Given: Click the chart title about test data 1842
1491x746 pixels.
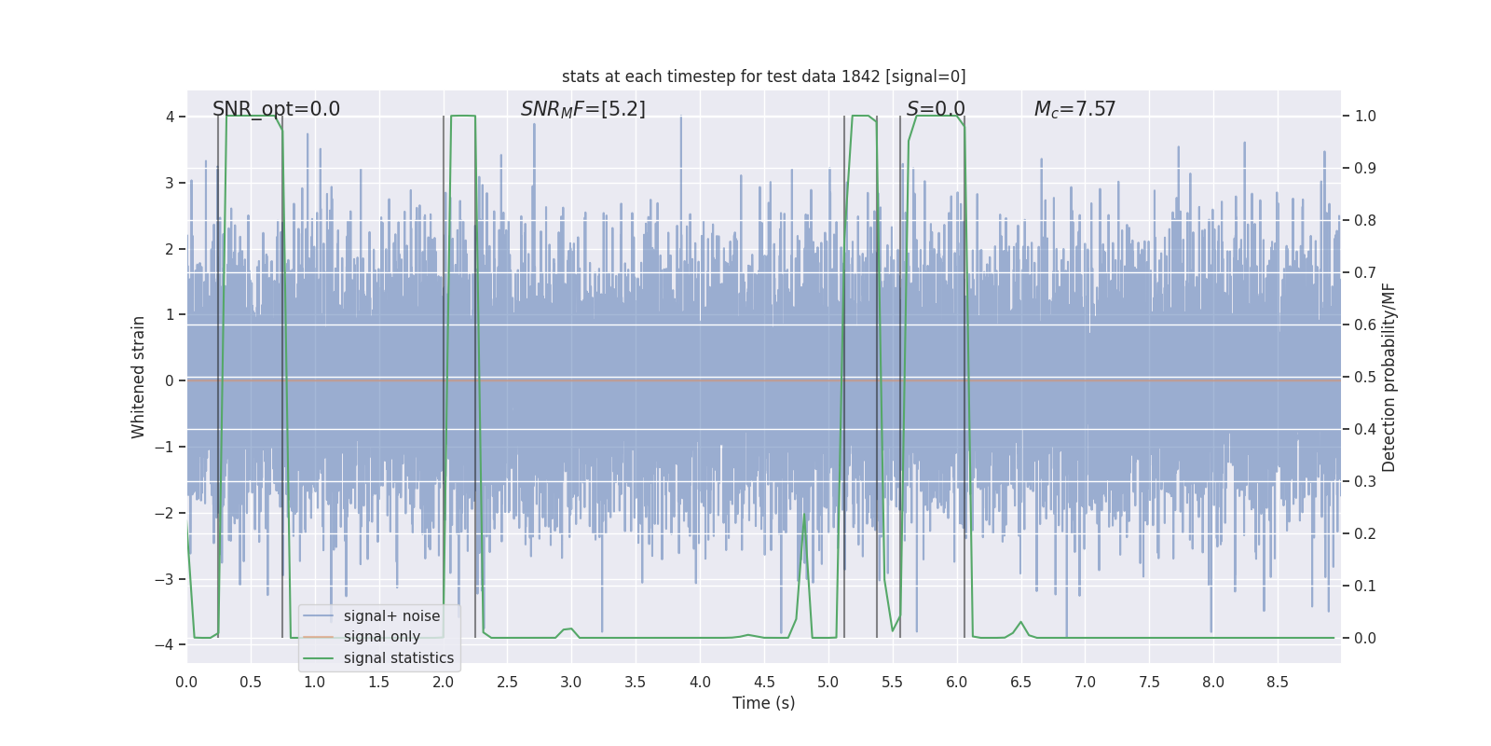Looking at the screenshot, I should (763, 76).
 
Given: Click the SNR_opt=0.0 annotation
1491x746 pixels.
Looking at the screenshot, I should (276, 109).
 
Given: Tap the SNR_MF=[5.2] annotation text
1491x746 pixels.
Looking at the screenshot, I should (582, 109).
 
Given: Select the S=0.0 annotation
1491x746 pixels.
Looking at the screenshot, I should (936, 109).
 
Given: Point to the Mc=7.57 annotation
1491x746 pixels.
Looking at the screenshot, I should (1074, 109).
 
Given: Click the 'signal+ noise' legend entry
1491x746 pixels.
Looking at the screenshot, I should (391, 616).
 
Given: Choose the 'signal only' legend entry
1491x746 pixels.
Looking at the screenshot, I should (381, 637).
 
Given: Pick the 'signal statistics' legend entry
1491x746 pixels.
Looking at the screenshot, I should (399, 658).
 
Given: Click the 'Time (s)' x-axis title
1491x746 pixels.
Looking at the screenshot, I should (763, 703).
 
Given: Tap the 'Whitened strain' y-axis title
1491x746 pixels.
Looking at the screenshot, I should (139, 377).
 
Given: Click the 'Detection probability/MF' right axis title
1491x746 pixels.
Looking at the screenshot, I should (1388, 377).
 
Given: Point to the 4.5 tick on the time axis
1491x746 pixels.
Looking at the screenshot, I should (764, 682).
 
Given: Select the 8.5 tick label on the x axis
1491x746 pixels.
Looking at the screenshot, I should (1278, 682).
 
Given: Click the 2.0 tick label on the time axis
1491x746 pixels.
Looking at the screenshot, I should (444, 682).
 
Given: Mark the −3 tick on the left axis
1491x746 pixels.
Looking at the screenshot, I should (169, 579).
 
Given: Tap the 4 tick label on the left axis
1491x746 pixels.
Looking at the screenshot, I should (171, 117).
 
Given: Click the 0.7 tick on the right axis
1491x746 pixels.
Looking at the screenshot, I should (1365, 273).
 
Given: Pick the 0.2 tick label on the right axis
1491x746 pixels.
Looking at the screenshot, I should (1365, 534).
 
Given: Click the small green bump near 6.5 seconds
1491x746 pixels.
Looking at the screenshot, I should (1021, 622).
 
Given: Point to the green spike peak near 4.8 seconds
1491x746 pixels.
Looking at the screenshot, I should (805, 515).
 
